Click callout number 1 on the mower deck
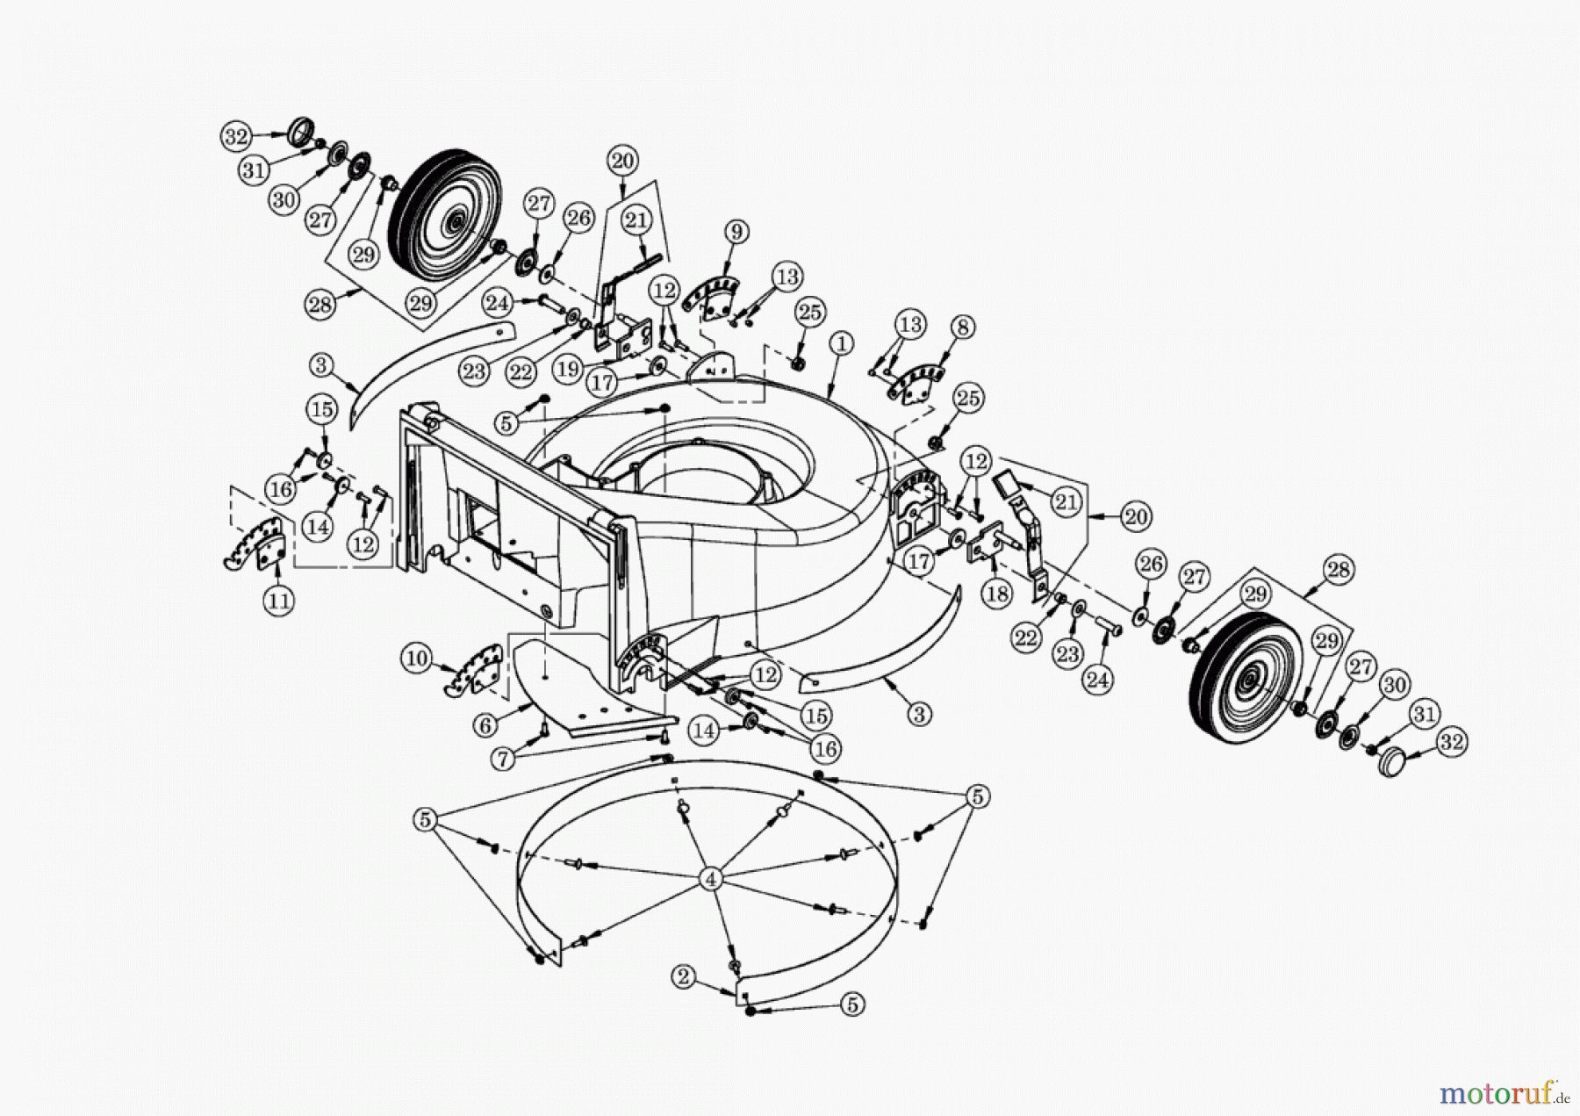tap(841, 343)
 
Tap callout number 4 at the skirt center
tap(711, 878)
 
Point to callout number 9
tap(736, 232)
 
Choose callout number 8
tap(963, 328)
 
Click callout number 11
tap(278, 601)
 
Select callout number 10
tap(417, 658)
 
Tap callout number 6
tap(485, 725)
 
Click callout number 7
tap(502, 758)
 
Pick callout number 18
tap(996, 594)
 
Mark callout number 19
tap(568, 369)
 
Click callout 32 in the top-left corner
tap(235, 136)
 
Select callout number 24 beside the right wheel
tap(1098, 678)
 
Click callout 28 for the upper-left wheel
tap(320, 305)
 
